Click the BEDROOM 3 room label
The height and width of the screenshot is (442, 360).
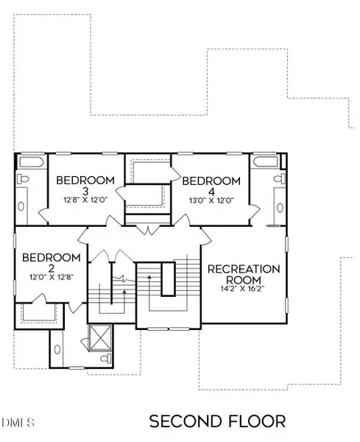[x=86, y=186]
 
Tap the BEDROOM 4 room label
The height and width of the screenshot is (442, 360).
[x=211, y=186]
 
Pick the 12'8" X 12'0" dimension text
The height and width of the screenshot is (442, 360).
[x=86, y=200]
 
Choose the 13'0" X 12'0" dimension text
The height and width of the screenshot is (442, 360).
[x=211, y=200]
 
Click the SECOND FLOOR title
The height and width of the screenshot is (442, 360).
[x=217, y=421]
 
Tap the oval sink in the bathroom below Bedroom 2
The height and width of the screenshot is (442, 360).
[x=59, y=345]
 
